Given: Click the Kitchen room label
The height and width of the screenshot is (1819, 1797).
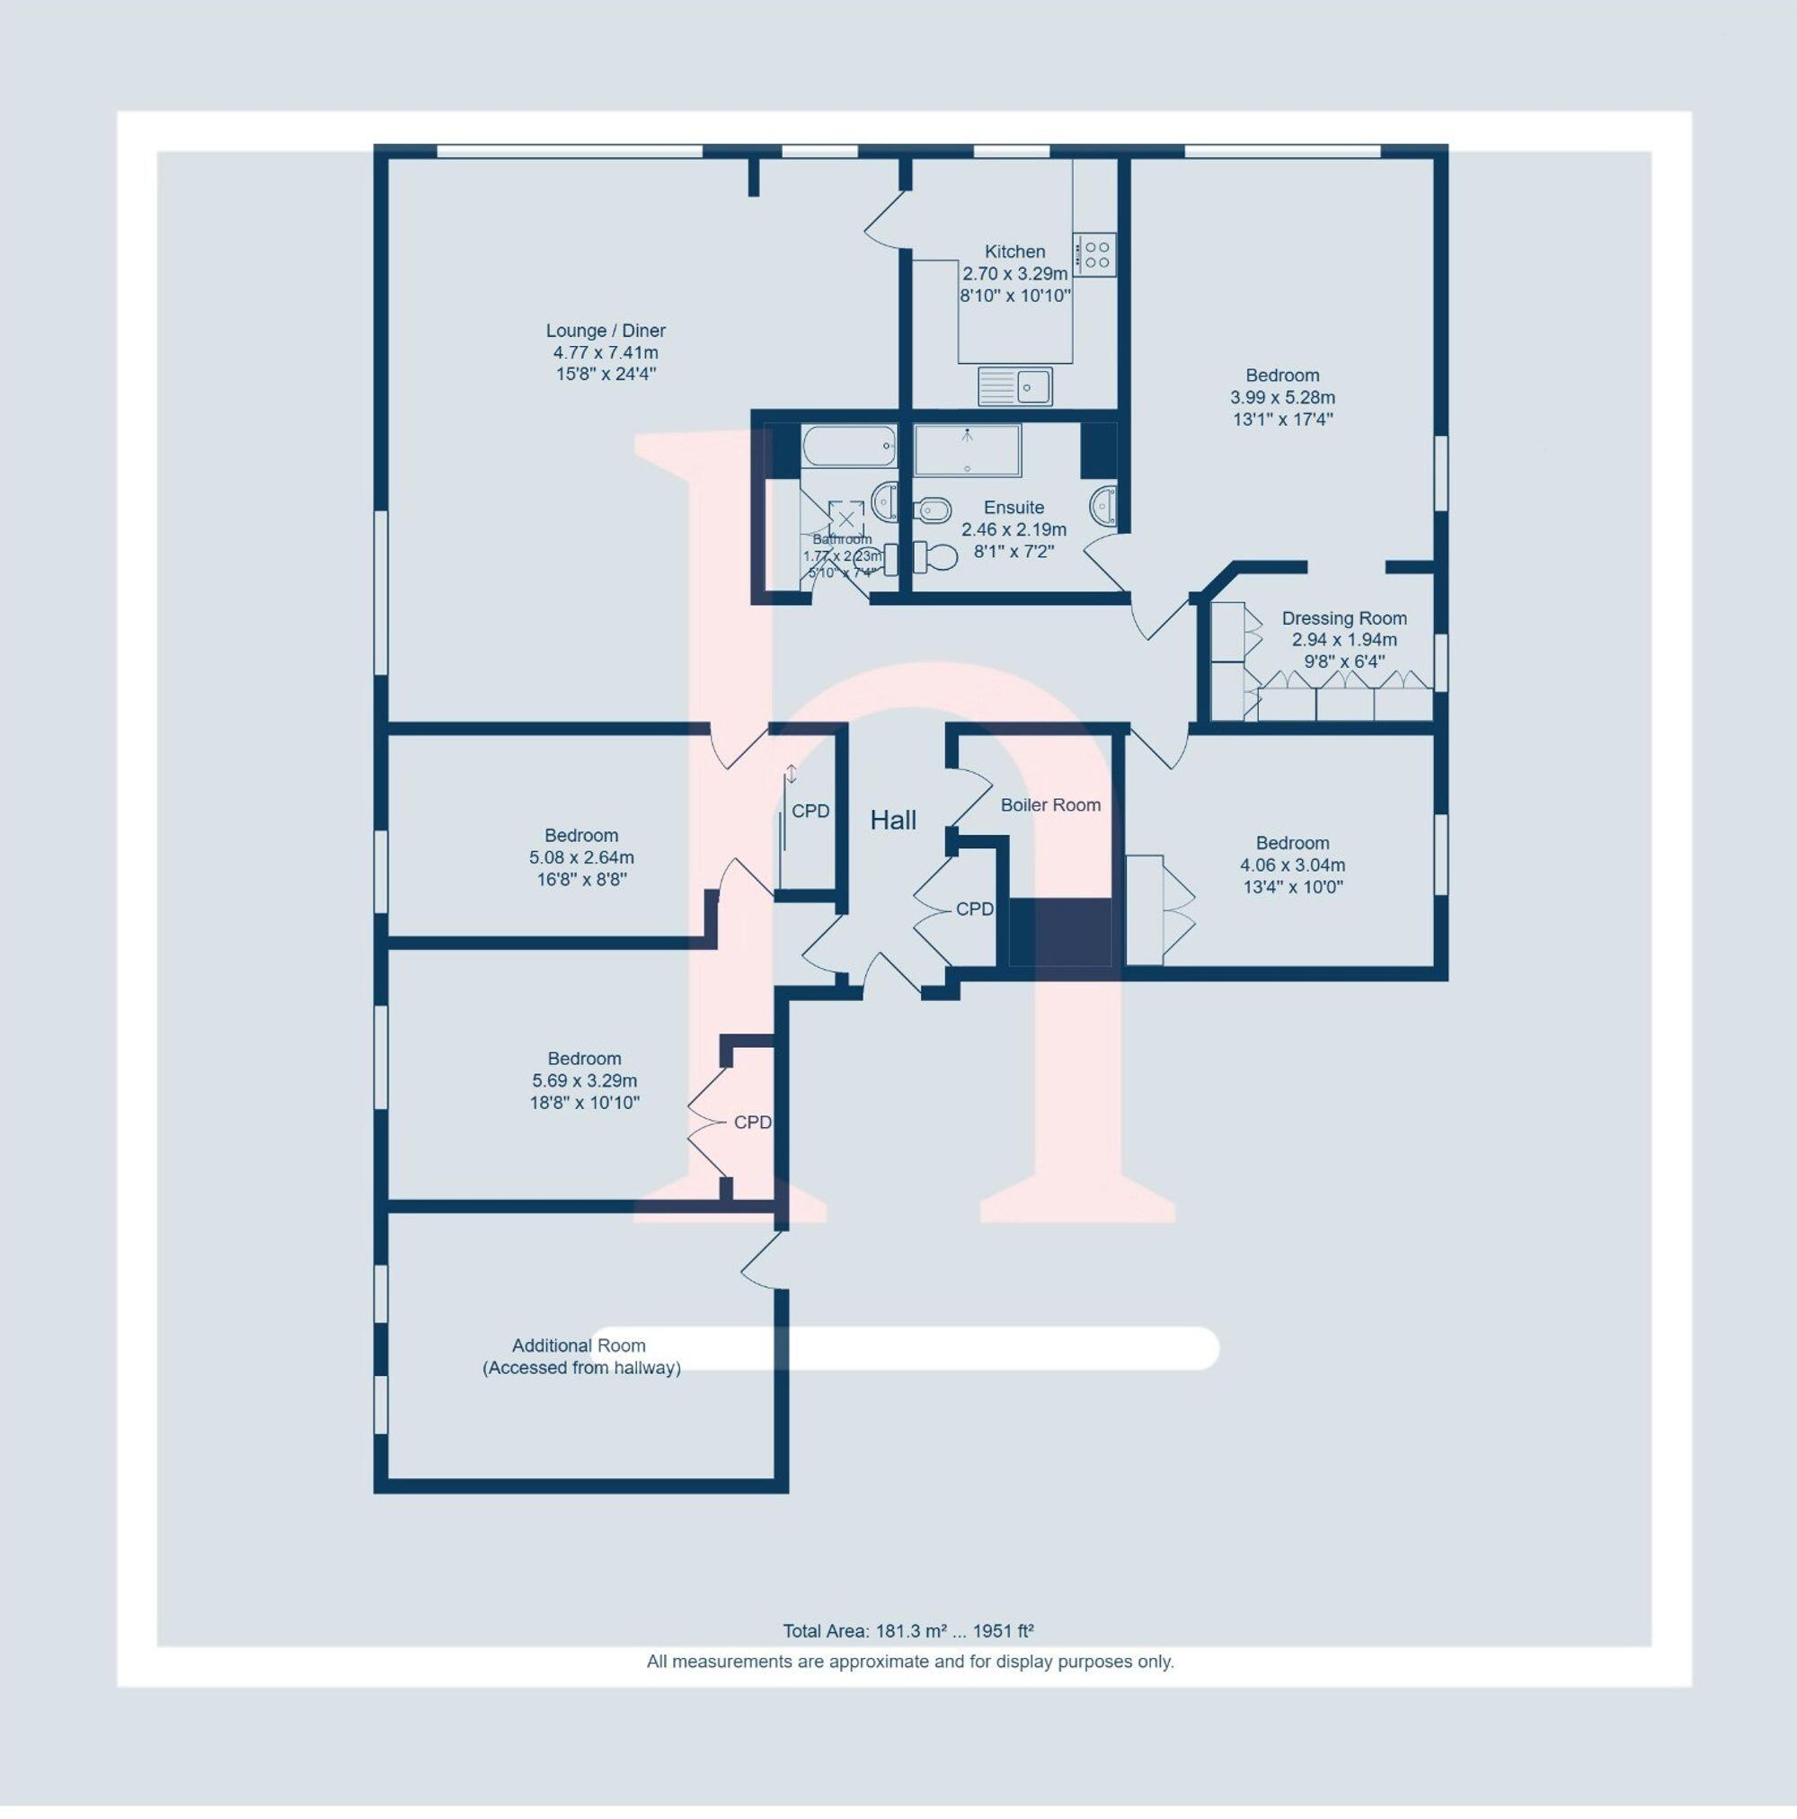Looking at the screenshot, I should pyautogui.click(x=1014, y=252).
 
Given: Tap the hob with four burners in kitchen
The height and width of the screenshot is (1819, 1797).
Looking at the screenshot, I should pyautogui.click(x=1094, y=253).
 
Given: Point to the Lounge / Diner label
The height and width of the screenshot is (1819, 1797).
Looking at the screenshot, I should pyautogui.click(x=606, y=331).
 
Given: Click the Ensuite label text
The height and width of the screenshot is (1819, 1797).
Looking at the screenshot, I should pyautogui.click(x=1014, y=508).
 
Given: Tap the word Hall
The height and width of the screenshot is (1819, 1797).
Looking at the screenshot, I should pyautogui.click(x=892, y=820).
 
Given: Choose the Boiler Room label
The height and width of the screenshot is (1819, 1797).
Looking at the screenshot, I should pyautogui.click(x=1049, y=805).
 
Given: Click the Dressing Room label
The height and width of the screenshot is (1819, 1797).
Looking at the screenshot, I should pyautogui.click(x=1343, y=618).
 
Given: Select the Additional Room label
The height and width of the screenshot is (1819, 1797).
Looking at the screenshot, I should pyautogui.click(x=578, y=1345).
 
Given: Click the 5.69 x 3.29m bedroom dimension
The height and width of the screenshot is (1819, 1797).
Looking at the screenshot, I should pyautogui.click(x=584, y=1081).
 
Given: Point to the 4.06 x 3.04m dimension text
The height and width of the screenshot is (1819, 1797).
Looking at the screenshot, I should pyautogui.click(x=1291, y=865).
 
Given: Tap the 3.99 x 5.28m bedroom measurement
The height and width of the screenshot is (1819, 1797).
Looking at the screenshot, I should pyautogui.click(x=1282, y=397).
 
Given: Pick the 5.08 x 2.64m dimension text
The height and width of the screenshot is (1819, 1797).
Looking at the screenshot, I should pyautogui.click(x=580, y=857).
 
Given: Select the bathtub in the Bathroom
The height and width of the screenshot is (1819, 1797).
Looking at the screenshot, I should pyautogui.click(x=848, y=446).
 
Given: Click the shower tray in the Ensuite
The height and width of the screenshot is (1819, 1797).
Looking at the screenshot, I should pyautogui.click(x=967, y=450).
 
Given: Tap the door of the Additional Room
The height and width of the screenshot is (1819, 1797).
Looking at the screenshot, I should pyautogui.click(x=763, y=1261).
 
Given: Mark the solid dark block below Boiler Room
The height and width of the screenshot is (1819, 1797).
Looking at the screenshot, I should pyautogui.click(x=1060, y=931).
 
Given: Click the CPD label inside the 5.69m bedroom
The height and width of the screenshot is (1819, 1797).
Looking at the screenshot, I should pyautogui.click(x=752, y=1122).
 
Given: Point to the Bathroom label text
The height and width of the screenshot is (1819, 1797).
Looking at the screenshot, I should pyautogui.click(x=842, y=539).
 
